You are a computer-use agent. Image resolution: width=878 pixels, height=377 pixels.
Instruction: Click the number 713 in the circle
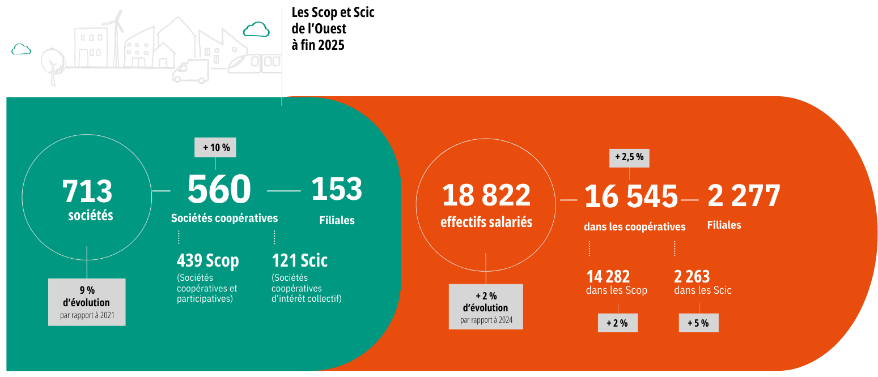pyautogui.click(x=87, y=191)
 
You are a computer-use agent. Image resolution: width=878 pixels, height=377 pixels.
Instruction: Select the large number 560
pyautogui.click(x=219, y=190)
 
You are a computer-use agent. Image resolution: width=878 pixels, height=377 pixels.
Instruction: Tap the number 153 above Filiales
pyautogui.click(x=337, y=189)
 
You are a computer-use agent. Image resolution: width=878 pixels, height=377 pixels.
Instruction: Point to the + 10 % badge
pyautogui.click(x=215, y=147)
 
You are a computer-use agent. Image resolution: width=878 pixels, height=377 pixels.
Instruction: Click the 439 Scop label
pyautogui.click(x=208, y=260)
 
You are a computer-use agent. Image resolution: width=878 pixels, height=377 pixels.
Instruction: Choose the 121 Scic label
pyautogui.click(x=300, y=260)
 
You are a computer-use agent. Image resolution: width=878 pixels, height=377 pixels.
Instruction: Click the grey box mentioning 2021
pyautogui.click(x=87, y=302)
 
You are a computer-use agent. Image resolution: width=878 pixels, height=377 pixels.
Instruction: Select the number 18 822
pyautogui.click(x=486, y=196)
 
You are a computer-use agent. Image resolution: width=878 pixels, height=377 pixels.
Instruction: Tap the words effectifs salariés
pyautogui.click(x=486, y=222)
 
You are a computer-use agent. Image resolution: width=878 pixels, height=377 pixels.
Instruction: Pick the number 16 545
pyautogui.click(x=631, y=197)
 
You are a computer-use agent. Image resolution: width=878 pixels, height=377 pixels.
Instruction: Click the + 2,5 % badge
pyautogui.click(x=629, y=157)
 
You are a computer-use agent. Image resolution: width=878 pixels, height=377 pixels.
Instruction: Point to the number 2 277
pyautogui.click(x=744, y=196)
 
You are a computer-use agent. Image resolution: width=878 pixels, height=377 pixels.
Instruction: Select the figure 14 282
pyautogui.click(x=608, y=276)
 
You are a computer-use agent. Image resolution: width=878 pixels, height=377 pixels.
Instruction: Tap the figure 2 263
pyautogui.click(x=692, y=276)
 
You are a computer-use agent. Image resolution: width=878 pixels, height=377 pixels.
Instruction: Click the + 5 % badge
pyautogui.click(x=698, y=323)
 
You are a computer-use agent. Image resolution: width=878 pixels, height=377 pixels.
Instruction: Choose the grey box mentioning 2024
pyautogui.click(x=486, y=306)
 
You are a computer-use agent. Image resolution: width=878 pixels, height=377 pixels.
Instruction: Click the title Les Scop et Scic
pyautogui.click(x=333, y=12)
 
